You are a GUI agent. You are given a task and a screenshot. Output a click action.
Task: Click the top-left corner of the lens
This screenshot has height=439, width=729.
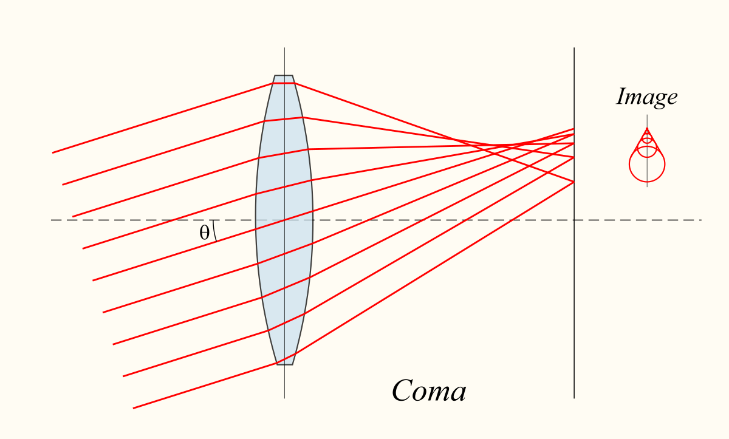[x=275, y=75]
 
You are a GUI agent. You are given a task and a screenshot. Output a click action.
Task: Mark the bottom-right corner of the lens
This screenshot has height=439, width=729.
[x=292, y=364]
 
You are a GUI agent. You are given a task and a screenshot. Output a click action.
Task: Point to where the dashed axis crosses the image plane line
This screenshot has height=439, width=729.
[x=574, y=220]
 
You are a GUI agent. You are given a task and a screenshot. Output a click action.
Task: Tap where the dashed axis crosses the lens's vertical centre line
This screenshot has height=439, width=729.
[x=284, y=220]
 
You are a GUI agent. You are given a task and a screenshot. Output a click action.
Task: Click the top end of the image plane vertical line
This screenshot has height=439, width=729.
[x=574, y=48]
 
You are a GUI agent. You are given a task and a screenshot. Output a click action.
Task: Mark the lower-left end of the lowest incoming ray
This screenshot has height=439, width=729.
[x=134, y=408]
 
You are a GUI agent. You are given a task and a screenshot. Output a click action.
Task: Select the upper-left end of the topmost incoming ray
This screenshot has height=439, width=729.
[x=53, y=152]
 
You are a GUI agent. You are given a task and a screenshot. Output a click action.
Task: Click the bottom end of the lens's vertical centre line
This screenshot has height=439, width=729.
[x=284, y=398]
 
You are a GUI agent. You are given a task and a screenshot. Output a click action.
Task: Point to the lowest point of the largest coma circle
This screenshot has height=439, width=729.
[x=647, y=182]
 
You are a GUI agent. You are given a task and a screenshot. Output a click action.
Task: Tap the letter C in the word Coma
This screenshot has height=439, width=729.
[x=404, y=390]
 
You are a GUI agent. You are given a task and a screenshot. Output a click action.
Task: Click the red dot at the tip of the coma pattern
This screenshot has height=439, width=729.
[x=647, y=129]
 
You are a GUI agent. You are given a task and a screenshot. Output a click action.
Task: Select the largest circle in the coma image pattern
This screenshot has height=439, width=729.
[x=647, y=164]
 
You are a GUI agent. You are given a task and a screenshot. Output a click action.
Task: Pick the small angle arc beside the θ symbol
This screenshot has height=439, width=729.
[x=215, y=231]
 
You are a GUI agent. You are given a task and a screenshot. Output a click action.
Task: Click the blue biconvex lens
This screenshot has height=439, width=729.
[x=284, y=220]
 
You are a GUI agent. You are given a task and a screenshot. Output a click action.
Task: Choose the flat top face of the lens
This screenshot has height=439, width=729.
[x=284, y=75]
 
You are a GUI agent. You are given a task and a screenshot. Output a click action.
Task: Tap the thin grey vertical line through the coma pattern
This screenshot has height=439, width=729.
[x=647, y=151]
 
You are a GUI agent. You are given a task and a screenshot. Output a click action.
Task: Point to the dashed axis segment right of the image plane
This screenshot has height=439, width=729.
[x=638, y=220]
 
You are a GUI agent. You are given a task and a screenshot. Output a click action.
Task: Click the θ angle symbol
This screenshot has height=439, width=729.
[x=204, y=233]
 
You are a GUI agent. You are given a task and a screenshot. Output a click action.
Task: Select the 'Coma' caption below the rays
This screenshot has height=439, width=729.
[x=430, y=390]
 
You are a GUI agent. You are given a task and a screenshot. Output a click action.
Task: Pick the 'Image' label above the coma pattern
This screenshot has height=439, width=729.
[x=647, y=97]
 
